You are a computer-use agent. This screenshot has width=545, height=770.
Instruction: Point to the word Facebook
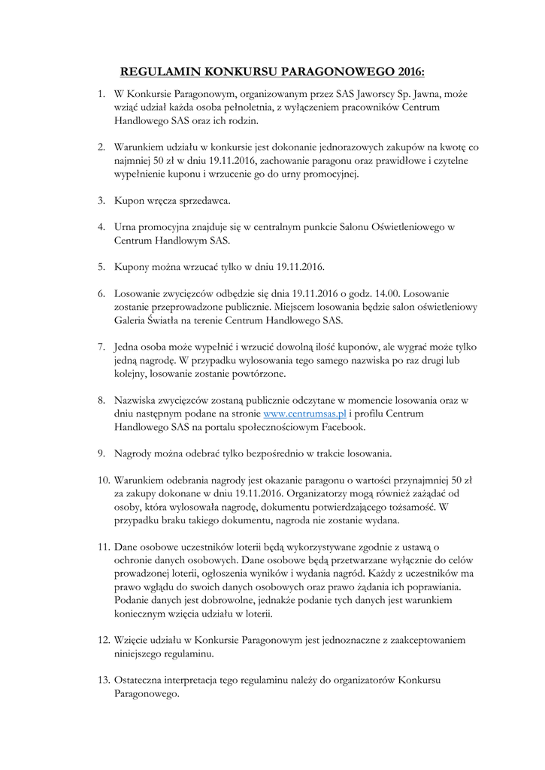point(341,427)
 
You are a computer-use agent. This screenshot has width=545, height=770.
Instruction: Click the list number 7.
point(101,347)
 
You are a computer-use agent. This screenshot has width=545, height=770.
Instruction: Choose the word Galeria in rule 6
point(132,320)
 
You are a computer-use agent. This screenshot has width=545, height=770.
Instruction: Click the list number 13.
point(103,681)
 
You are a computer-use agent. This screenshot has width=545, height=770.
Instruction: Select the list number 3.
point(101,201)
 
